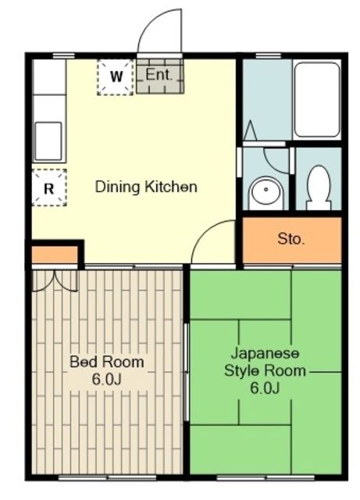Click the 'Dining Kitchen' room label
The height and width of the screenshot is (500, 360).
146,187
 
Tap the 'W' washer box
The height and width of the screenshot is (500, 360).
116,77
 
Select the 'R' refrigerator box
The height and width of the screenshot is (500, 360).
48,187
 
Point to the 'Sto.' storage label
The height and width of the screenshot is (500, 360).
291,239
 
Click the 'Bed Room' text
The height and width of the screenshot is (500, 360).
107,362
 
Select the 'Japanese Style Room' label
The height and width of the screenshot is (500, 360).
265,362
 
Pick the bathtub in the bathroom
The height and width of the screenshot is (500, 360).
316,100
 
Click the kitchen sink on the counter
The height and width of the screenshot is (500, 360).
48,141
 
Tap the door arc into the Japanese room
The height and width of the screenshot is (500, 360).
212,242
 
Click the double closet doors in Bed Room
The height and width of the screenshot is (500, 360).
55,280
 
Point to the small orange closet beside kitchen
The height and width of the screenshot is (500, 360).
55,255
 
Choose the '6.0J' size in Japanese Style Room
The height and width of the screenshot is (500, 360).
265,387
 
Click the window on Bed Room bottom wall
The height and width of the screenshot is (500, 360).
107,476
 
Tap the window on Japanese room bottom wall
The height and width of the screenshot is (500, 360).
265,476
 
